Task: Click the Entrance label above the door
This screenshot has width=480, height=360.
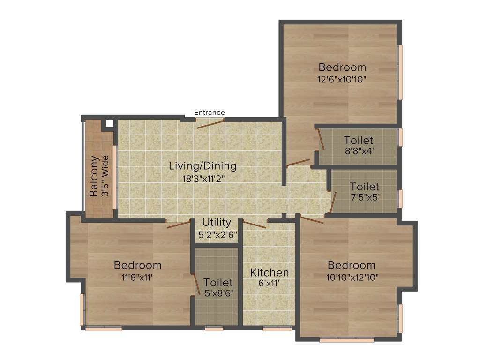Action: [210, 112]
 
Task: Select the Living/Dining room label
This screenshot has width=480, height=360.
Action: [202, 166]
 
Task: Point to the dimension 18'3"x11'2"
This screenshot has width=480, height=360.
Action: [202, 178]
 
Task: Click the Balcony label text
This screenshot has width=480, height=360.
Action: [94, 176]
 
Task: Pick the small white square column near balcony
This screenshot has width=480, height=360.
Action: [109, 123]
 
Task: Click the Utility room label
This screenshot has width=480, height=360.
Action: [217, 222]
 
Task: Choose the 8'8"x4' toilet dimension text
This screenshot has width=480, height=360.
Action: [359, 151]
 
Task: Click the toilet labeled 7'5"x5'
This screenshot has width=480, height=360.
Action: [364, 192]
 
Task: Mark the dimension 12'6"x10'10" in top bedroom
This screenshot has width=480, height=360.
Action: [341, 79]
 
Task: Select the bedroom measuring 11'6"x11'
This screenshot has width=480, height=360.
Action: [137, 271]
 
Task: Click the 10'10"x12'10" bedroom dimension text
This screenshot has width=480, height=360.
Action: [352, 277]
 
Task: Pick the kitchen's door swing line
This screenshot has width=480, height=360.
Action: [255, 224]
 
